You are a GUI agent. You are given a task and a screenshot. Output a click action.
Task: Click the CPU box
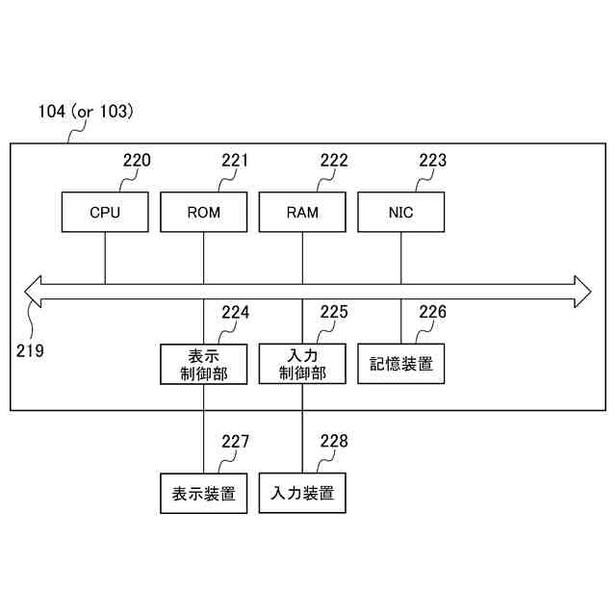tap(105, 212)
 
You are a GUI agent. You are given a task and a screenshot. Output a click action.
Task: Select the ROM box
tap(204, 212)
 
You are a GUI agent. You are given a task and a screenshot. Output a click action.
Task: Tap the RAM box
tap(302, 212)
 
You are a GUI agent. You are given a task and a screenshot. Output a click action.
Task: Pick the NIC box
tap(401, 212)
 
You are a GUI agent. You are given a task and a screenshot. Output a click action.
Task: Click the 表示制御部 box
tap(204, 364)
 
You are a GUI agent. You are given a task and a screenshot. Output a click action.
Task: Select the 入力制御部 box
tap(302, 364)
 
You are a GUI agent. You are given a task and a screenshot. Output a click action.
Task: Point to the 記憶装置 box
tap(401, 364)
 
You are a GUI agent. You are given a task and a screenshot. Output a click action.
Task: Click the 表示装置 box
tap(204, 495)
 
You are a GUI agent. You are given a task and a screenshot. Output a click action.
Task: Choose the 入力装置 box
tap(302, 495)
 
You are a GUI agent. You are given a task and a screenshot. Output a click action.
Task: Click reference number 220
tap(137, 161)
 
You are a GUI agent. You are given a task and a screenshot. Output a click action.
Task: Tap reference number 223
tap(432, 161)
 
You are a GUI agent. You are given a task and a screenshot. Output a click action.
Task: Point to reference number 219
tap(30, 350)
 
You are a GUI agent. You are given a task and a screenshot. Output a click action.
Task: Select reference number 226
tap(432, 312)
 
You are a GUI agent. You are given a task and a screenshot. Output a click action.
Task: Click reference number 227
tap(236, 442)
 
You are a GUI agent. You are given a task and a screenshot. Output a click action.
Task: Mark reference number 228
tap(334, 442)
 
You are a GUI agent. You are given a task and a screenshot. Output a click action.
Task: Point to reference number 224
tap(236, 312)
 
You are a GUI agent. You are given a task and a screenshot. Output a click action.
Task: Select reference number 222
tap(334, 161)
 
